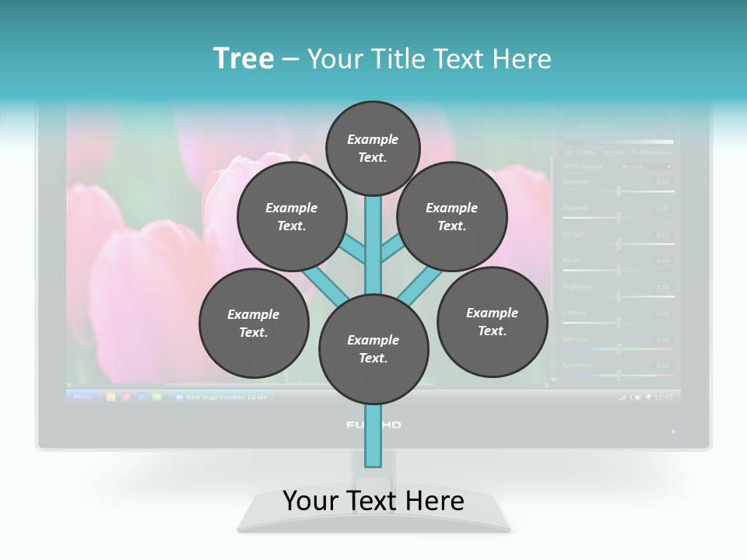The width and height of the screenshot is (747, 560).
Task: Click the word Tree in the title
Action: pyautogui.click(x=244, y=58)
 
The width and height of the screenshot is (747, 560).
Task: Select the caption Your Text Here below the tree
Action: pyautogui.click(x=373, y=500)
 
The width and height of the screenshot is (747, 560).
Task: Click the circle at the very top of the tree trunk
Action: pyautogui.click(x=373, y=148)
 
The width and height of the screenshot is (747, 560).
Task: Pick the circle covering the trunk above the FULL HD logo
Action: pyautogui.click(x=373, y=349)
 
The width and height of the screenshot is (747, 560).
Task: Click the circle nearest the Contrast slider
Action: pyautogui.click(x=492, y=322)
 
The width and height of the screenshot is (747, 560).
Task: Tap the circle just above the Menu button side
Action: pyautogui.click(x=254, y=324)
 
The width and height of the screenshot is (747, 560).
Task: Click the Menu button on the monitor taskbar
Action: pyautogui.click(x=82, y=397)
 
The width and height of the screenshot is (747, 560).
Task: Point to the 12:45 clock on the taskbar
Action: pyautogui.click(x=663, y=397)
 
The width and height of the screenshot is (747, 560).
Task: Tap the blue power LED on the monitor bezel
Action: pyautogui.click(x=673, y=431)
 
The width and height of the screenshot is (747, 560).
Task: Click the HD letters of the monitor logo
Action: pyautogui.click(x=391, y=425)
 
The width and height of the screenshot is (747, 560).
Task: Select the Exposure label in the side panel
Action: pyautogui.click(x=576, y=182)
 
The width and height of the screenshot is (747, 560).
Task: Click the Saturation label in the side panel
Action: pyautogui.click(x=577, y=365)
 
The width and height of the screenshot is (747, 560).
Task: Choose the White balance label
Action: pyautogui.click(x=583, y=166)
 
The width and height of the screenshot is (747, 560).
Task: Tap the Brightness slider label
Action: pyautogui.click(x=577, y=286)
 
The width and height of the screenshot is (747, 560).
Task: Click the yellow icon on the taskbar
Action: pyautogui.click(x=111, y=397)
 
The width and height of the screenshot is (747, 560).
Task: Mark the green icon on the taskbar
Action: pyautogui.click(x=157, y=397)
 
